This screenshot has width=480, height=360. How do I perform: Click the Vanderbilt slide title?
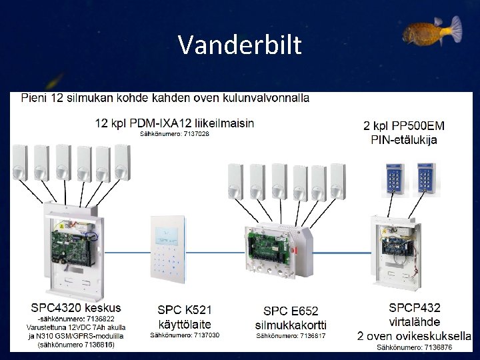[240, 45]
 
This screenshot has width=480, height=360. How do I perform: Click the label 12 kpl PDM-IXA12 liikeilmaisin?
[175, 123]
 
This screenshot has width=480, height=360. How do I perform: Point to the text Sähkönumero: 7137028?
[174, 134]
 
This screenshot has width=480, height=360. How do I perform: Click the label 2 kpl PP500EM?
[404, 125]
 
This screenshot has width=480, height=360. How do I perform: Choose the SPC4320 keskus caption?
[76, 308]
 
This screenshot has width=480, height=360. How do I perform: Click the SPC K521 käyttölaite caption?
[185, 317]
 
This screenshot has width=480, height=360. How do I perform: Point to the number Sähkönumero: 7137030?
[185, 335]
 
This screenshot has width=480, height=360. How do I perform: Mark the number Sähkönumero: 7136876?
[415, 347]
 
